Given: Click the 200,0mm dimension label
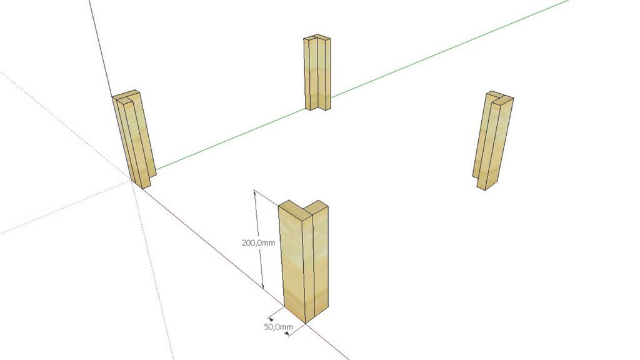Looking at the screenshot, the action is click(x=258, y=243).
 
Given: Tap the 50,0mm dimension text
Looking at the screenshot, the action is click(x=278, y=326).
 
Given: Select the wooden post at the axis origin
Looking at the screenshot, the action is click(x=134, y=139).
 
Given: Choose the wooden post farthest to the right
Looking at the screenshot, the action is click(x=492, y=140).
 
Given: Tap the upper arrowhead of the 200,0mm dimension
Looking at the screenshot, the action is click(x=255, y=192).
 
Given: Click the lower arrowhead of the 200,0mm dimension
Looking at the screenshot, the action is click(x=263, y=286).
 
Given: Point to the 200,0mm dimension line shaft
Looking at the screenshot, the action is click(x=259, y=239).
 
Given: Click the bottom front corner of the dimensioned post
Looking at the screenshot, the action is click(x=306, y=323).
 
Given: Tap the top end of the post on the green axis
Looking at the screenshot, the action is click(x=317, y=38).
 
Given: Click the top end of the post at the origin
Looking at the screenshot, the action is click(x=126, y=96).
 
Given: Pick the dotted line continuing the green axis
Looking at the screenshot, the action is click(x=65, y=207).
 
